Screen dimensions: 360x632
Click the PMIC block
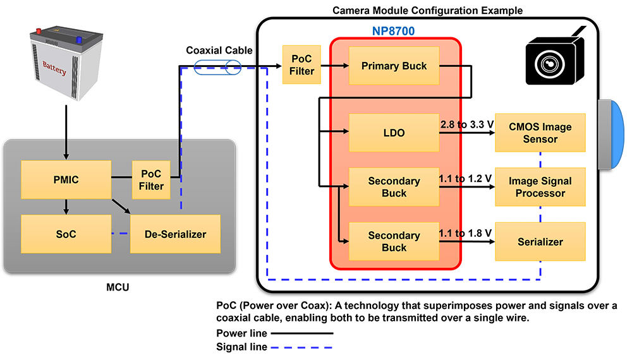click(x=66, y=180)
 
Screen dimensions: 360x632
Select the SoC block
click(x=66, y=234)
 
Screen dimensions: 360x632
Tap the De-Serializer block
click(x=175, y=234)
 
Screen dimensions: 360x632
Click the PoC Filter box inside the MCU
click(x=151, y=180)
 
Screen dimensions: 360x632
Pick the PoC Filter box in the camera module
click(x=301, y=65)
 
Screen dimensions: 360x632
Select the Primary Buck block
click(x=394, y=66)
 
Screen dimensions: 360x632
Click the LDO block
click(x=394, y=133)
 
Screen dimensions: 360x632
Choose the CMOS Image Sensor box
click(x=540, y=133)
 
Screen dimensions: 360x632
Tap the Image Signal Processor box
click(x=540, y=187)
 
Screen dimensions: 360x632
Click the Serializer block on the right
click(x=540, y=241)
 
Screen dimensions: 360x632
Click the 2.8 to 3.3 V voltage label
click(x=466, y=125)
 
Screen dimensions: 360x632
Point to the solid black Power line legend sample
click(x=302, y=333)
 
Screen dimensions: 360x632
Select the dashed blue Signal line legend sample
click(x=302, y=347)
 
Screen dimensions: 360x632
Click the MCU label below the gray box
click(x=119, y=289)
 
